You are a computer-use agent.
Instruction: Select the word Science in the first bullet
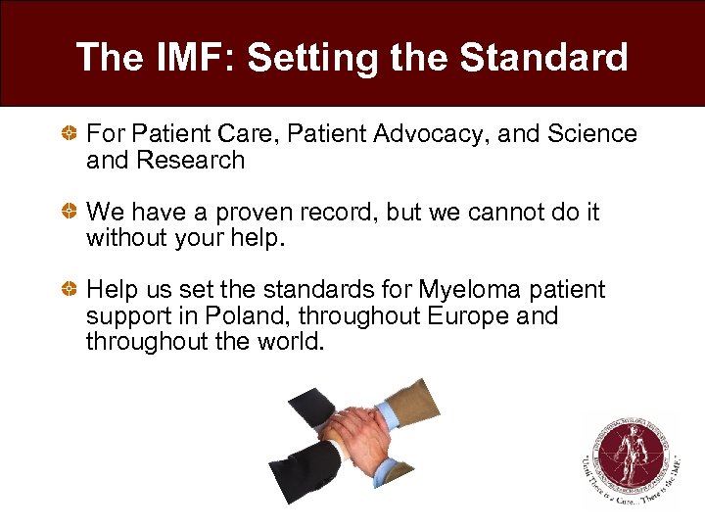(593, 134)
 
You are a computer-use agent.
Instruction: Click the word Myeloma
(465, 291)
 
